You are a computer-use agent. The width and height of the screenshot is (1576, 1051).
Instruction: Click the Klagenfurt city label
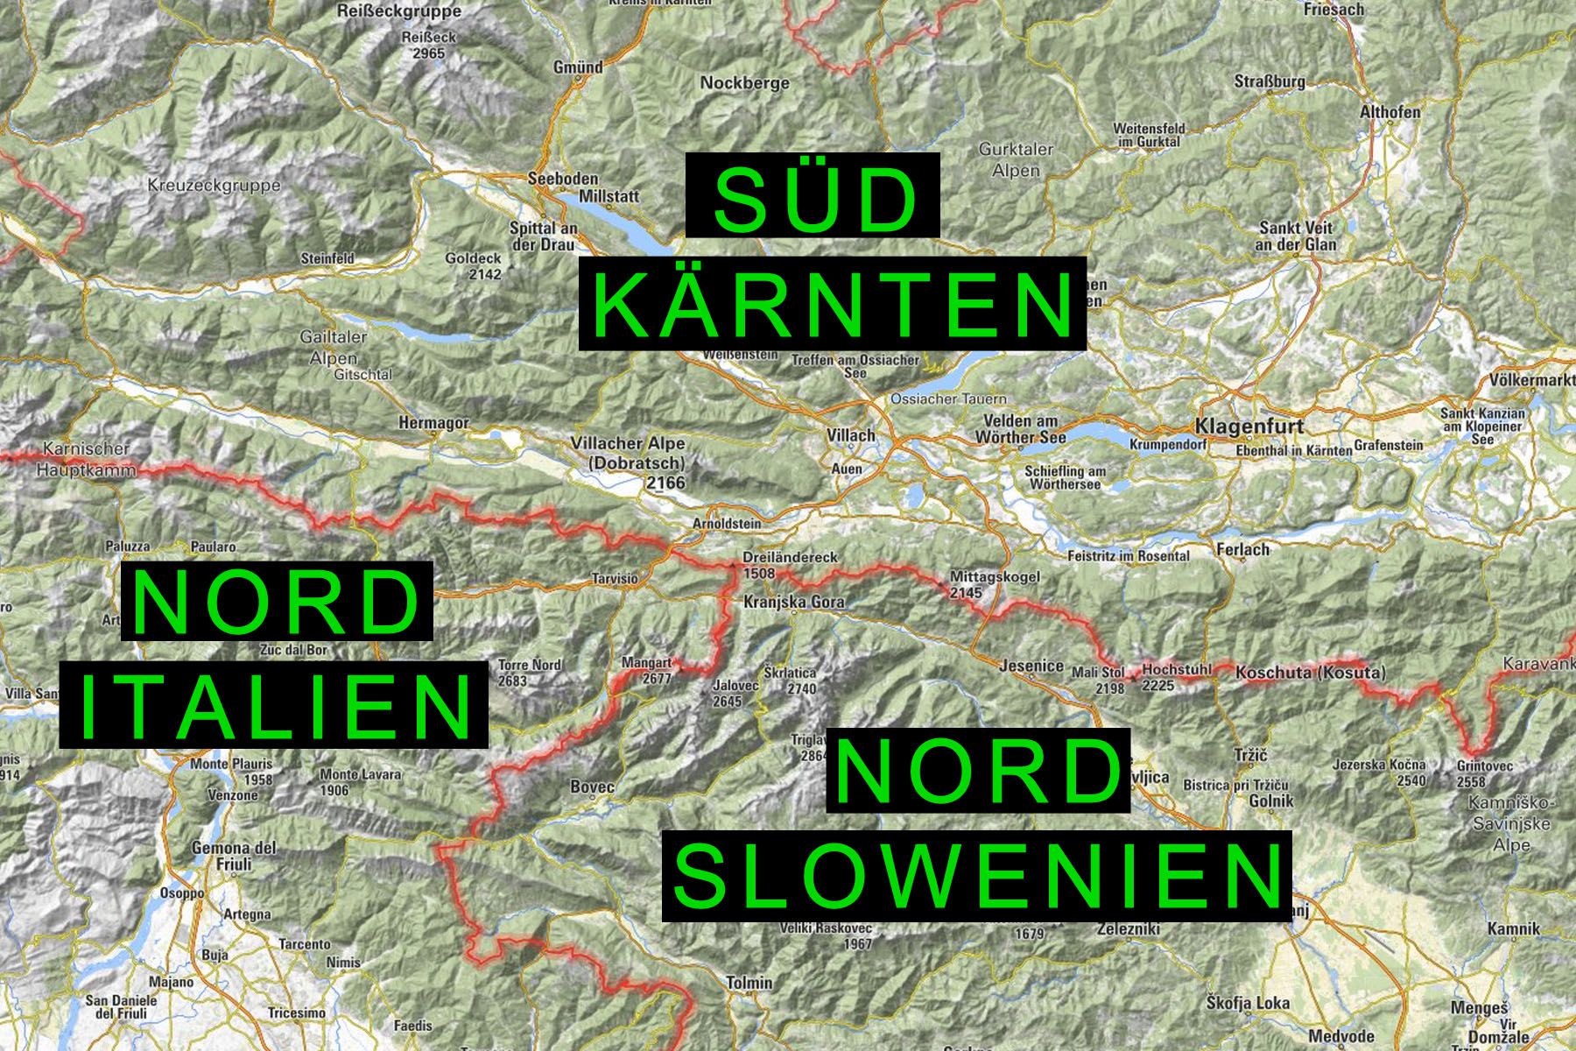point(1248,427)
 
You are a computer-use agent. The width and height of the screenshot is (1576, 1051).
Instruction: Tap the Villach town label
point(850,434)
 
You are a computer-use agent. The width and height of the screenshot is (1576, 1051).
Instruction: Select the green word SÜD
point(813,195)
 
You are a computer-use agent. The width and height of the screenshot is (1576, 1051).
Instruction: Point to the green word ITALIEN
point(273,705)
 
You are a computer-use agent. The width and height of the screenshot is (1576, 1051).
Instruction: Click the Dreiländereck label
point(790,557)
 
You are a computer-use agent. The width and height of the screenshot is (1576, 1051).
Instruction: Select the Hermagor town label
point(433,422)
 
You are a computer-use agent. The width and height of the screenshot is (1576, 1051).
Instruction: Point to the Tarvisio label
point(616,579)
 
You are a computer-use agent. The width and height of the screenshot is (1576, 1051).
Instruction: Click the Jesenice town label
point(1031,667)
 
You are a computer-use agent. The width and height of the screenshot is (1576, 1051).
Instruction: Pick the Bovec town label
point(592,786)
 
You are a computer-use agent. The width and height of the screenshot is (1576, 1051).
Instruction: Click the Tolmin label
point(749,983)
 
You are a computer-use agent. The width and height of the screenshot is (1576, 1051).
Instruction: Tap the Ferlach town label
point(1242,550)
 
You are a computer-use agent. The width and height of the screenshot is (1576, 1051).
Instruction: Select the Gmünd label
point(578,67)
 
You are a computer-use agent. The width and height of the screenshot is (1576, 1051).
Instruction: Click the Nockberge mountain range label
point(744,83)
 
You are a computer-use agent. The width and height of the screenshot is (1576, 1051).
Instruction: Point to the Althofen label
point(1390,112)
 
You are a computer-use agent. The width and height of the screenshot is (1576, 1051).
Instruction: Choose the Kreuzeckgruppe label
point(215,186)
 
